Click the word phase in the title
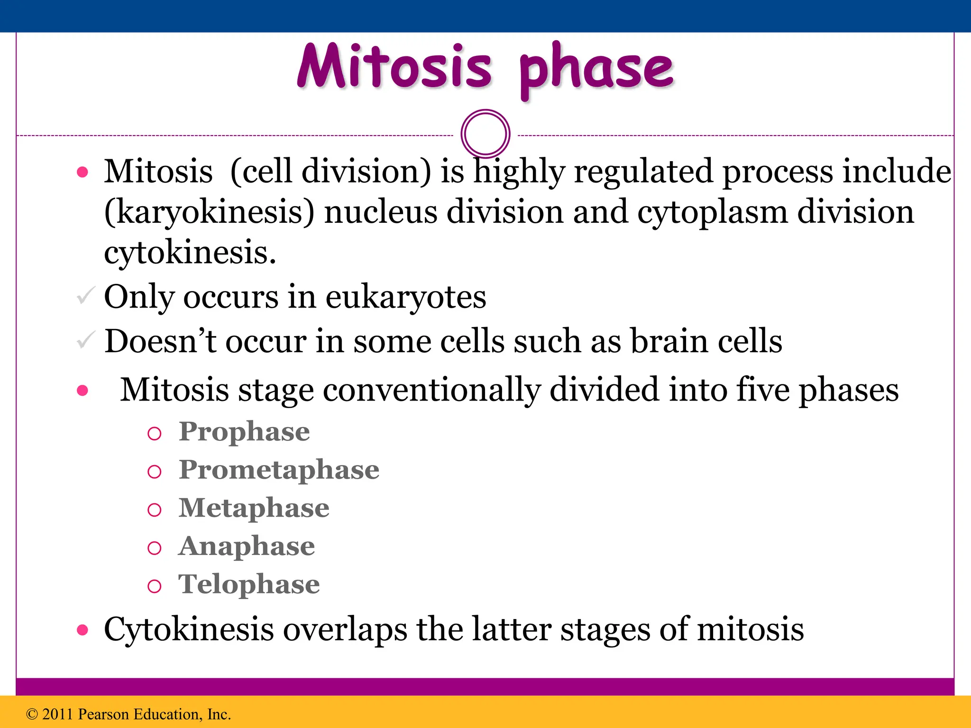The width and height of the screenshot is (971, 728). tap(596, 70)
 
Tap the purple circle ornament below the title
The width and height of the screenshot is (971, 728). tap(485, 134)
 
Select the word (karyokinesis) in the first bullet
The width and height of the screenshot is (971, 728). tap(209, 212)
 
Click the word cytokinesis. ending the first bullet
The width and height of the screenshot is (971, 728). tap(190, 252)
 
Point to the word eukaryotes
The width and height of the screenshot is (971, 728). tap(406, 297)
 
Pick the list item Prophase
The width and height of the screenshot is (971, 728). tap(244, 431)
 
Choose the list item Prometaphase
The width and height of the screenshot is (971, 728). tap(279, 470)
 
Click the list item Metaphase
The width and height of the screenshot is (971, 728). tap(254, 508)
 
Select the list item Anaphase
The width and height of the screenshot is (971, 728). tap(247, 546)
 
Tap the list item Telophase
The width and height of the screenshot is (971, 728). tap(249, 584)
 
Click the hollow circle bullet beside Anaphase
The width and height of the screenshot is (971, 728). tap(155, 548)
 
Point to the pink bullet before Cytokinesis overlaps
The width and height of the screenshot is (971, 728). tap(82, 630)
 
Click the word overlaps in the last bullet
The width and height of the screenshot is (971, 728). tap(345, 629)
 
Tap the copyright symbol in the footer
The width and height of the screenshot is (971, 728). tap(32, 714)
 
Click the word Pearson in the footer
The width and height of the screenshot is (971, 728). tap(103, 714)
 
